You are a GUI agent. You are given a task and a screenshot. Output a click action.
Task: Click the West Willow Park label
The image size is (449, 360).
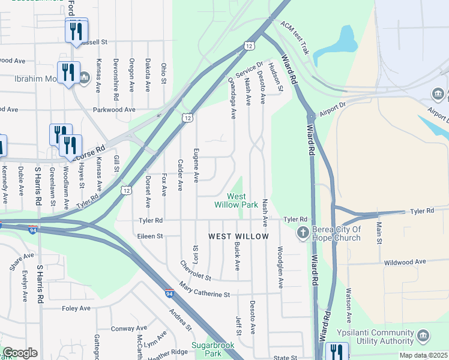pyautogui.click(x=237, y=200)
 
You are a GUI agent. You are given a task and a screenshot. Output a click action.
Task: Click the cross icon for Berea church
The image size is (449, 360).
pyautogui.click(x=303, y=232)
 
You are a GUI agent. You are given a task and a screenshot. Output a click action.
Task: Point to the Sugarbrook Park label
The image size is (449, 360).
pyautogui.click(x=207, y=349)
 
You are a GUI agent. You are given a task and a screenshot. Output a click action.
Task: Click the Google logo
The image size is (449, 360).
pyautogui.click(x=20, y=353)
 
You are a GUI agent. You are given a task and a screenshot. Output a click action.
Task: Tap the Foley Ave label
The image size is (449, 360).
pyautogui.click(x=76, y=308)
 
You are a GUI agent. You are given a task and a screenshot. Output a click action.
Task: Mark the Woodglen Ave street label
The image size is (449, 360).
pyautogui.click(x=280, y=267)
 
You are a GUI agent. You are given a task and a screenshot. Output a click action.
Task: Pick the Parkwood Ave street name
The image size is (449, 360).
pyautogui.click(x=113, y=110)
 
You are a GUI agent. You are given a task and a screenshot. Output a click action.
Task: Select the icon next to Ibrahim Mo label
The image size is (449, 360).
pyautogui.click(x=83, y=77)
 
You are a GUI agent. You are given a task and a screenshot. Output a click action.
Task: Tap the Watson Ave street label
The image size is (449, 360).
pyautogui.click(x=348, y=304)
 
